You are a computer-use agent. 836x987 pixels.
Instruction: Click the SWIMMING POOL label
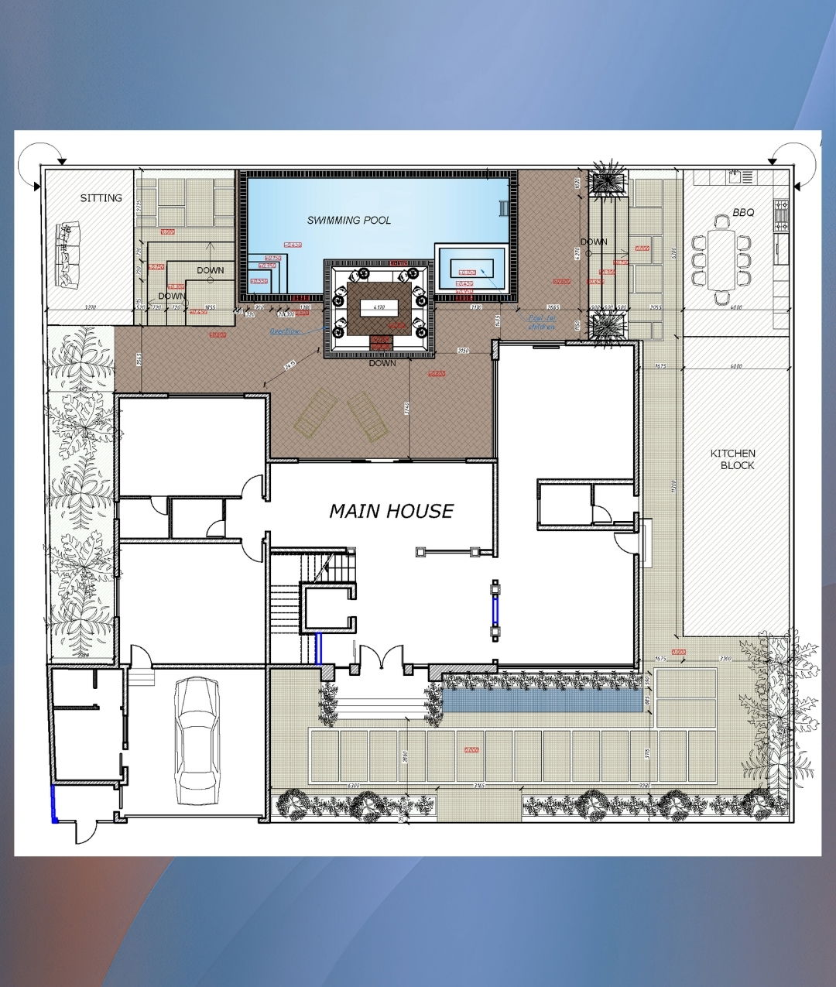(x=348, y=220)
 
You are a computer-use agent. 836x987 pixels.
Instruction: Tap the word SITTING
(x=101, y=198)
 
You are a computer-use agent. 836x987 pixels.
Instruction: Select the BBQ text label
(x=742, y=212)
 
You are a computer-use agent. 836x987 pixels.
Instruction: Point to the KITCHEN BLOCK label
(x=733, y=459)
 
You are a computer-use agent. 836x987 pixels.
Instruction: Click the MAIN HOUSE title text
(x=391, y=511)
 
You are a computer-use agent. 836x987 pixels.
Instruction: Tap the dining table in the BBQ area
(x=722, y=259)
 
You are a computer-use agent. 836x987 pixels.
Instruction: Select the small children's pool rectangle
(x=471, y=268)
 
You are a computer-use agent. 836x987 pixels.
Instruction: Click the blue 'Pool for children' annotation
(x=542, y=322)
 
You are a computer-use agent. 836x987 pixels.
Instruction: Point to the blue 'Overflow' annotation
(x=284, y=331)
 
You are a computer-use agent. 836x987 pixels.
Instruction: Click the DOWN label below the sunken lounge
(x=382, y=363)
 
